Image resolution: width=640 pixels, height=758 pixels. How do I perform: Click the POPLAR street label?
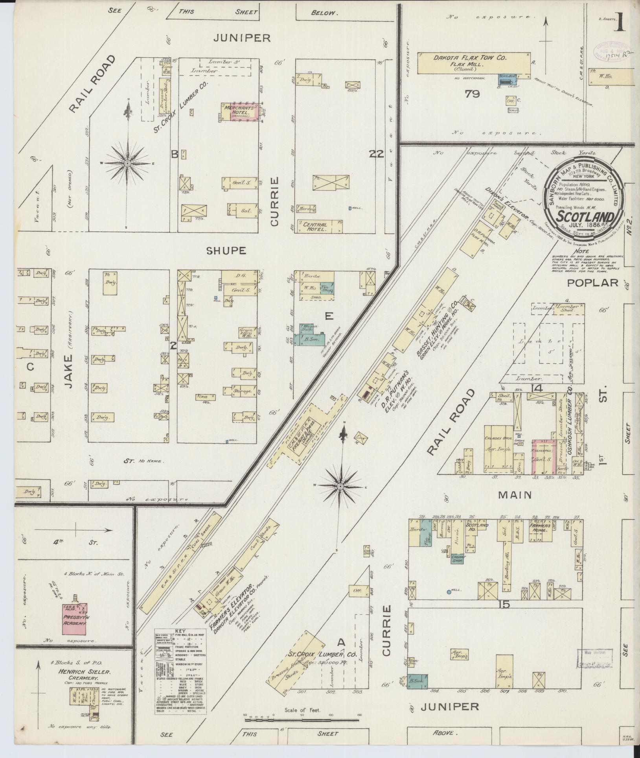tap(593, 282)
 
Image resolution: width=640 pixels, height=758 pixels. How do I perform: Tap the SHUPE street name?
tap(226, 251)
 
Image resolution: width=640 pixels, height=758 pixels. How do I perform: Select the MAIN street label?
tap(515, 495)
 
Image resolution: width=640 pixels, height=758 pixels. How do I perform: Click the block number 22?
tap(376, 154)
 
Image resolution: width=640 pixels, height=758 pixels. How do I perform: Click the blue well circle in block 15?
tap(449, 591)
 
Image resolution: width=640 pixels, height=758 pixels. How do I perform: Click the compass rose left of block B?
tap(127, 163)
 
